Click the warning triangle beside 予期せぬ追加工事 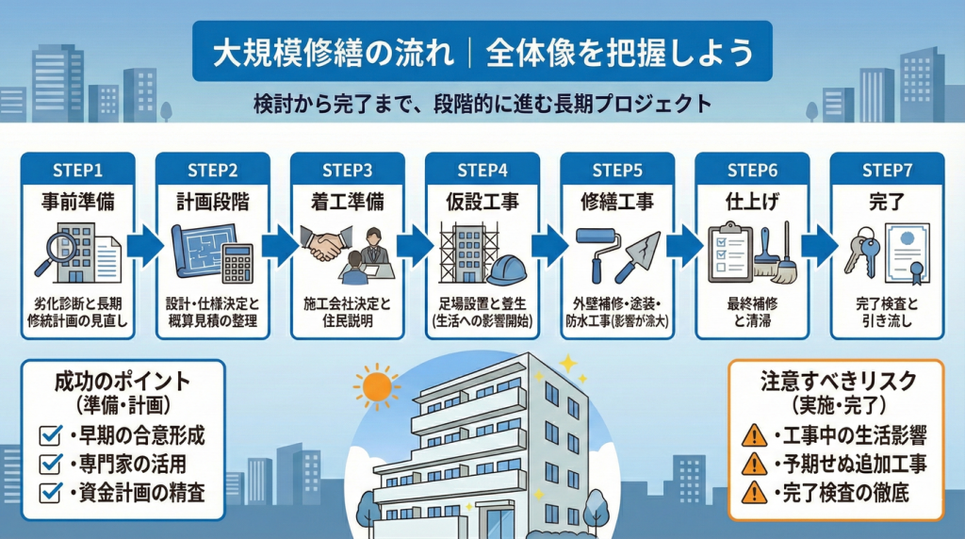pos(754,464)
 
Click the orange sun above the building pos(376,386)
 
